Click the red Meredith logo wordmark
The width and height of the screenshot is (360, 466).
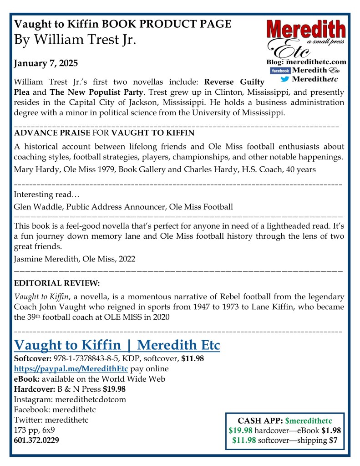tap(306, 30)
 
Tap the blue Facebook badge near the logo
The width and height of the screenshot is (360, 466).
tap(280, 71)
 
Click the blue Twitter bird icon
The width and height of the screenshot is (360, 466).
tap(285, 79)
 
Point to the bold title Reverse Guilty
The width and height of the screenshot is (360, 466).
tap(234, 82)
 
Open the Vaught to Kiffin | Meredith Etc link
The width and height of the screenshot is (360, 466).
tap(117, 345)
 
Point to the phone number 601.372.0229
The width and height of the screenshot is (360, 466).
tap(36, 440)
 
